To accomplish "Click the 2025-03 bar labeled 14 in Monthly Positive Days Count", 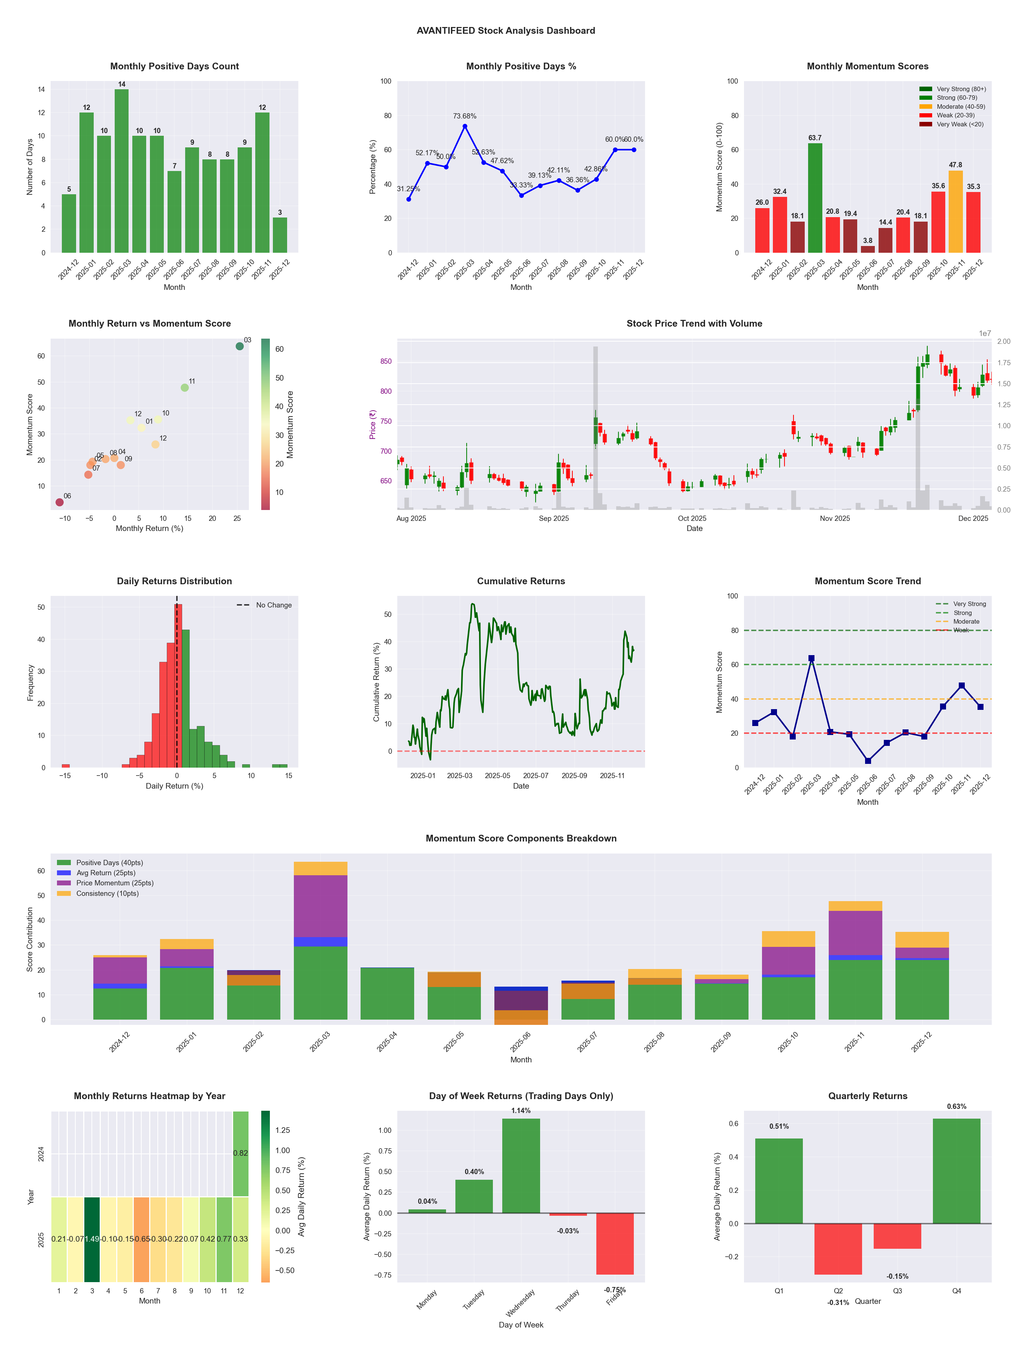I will point(121,171).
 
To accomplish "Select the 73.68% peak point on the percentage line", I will point(465,126).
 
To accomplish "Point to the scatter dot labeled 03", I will point(240,346).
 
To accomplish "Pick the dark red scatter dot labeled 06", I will point(59,502).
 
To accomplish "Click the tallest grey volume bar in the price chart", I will point(595,427).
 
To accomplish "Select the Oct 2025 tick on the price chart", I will point(692,518).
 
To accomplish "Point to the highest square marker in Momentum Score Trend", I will point(811,658).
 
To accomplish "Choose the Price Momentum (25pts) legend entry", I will point(115,883).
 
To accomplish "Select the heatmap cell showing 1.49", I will point(92,1239).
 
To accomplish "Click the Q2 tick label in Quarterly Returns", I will point(838,1291).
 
